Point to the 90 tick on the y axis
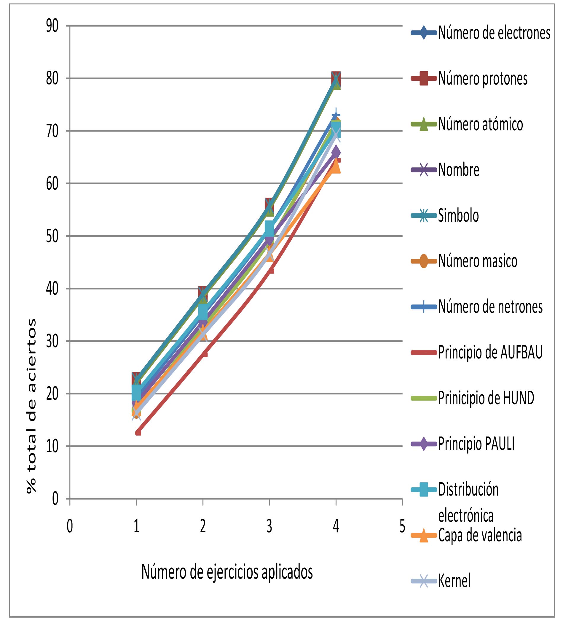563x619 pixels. [x=52, y=26]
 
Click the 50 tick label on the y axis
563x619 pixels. [x=52, y=237]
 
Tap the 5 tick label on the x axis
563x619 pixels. [x=402, y=526]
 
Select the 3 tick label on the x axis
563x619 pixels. [x=269, y=526]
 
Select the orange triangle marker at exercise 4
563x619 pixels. [x=336, y=168]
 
